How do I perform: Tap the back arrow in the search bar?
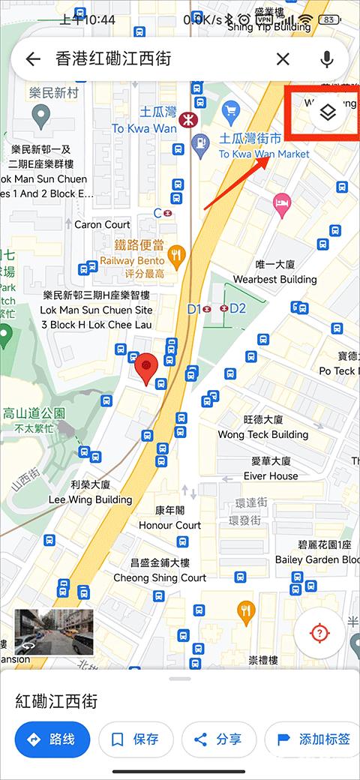[32, 59]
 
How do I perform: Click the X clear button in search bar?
[283, 59]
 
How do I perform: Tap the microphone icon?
[327, 59]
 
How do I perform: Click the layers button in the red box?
[327, 113]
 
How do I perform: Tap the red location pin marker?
[146, 367]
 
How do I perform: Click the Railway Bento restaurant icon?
[177, 255]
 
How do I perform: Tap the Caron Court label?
[102, 224]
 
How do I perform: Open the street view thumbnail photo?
[53, 631]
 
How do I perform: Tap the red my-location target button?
[319, 633]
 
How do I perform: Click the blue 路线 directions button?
[52, 739]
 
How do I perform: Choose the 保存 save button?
[136, 739]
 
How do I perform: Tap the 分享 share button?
[219, 739]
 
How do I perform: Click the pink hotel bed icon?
[282, 202]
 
